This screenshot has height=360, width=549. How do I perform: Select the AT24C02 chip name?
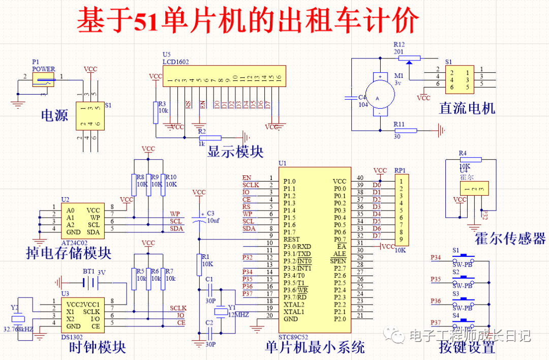74,243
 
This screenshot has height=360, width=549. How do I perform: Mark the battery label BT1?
89,272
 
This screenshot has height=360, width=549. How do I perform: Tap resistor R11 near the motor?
406,131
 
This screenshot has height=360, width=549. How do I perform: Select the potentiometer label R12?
400,44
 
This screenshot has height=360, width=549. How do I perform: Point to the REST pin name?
292,239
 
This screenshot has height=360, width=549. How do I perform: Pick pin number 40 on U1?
360,178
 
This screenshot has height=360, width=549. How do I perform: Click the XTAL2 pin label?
294,304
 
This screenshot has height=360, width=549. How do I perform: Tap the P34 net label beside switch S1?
436,258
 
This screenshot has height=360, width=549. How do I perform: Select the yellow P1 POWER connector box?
43,78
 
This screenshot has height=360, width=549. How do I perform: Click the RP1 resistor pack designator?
401,171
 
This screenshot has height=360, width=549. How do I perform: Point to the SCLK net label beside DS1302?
178,308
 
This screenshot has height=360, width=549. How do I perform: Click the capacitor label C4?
362,97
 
